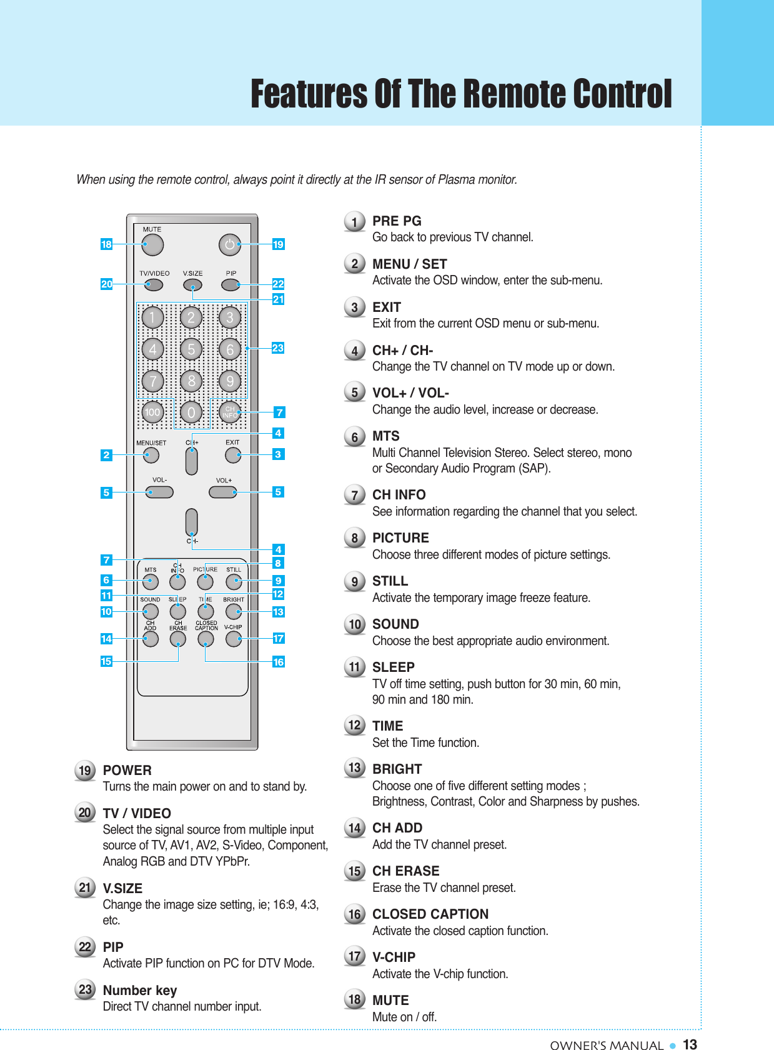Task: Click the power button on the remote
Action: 230,245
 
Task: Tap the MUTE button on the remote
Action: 152,245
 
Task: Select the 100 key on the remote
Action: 152,412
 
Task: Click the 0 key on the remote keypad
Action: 191,412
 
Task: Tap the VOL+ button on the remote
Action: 223,492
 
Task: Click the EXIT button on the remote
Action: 233,455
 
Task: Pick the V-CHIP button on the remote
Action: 234,639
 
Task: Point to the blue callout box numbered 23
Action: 278,348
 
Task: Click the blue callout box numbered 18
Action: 106,244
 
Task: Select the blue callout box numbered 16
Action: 278,662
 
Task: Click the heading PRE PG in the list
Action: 397,221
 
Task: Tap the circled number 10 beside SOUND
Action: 355,624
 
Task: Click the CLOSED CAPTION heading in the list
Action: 430,914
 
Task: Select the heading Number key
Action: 140,990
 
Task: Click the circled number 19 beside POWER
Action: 85,771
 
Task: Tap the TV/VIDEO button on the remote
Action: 153,285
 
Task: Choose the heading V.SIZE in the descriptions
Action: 122,888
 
